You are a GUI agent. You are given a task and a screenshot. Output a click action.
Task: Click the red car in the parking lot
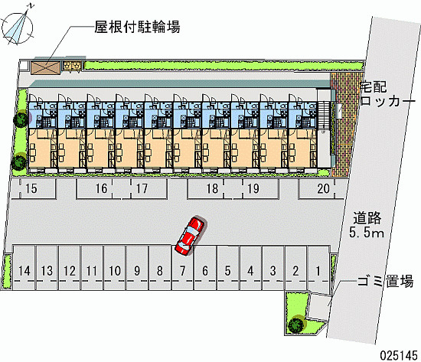(190, 235)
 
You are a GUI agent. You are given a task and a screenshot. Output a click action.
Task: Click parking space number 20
(321, 189)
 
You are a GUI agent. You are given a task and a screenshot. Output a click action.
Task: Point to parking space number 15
(32, 189)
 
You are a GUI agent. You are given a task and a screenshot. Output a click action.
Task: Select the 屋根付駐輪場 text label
(137, 27)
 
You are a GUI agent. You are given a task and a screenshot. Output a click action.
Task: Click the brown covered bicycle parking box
(45, 67)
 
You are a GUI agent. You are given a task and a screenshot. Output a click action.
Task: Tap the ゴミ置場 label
(385, 281)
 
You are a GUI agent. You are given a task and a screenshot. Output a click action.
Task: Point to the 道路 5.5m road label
(367, 225)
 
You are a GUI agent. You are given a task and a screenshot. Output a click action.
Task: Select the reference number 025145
(399, 355)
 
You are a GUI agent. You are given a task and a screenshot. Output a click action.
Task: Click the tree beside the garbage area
(296, 324)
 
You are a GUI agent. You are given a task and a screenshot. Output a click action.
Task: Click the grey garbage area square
(318, 306)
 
